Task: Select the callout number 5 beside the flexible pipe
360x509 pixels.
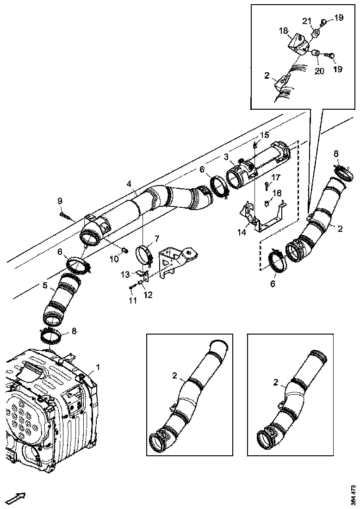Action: pyautogui.click(x=45, y=286)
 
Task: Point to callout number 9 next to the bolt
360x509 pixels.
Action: pyautogui.click(x=60, y=200)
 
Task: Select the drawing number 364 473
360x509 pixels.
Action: pyautogui.click(x=354, y=495)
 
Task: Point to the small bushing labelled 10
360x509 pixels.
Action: pyautogui.click(x=124, y=250)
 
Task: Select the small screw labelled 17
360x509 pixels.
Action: pyautogui.click(x=267, y=186)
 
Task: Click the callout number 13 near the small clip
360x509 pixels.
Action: pyautogui.click(x=125, y=274)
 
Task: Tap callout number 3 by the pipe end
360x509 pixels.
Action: pyautogui.click(x=226, y=157)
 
